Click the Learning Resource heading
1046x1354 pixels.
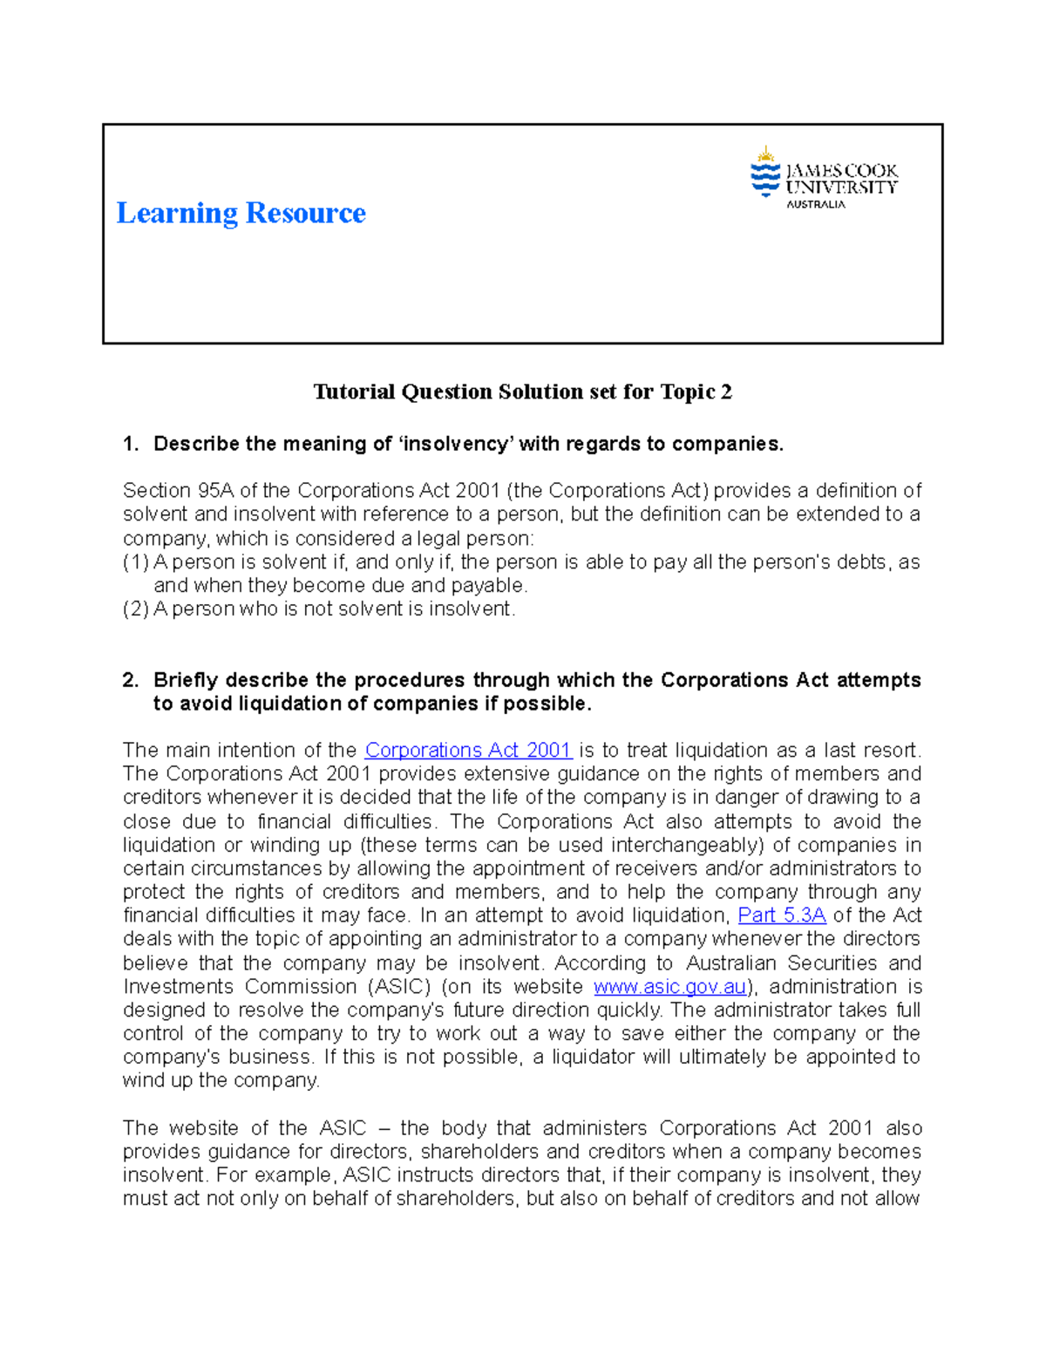pos(241,213)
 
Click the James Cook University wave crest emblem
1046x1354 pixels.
pos(765,172)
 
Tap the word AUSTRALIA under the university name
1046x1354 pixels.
pos(816,204)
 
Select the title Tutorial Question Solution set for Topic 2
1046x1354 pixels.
pos(522,392)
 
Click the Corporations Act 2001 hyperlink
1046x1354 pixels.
pos(468,751)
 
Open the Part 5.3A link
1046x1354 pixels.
pos(782,915)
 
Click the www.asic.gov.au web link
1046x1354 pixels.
pos(669,987)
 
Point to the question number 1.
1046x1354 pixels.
pos(131,445)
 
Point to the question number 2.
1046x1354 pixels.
pos(131,681)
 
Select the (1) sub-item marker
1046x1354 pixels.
pos(136,562)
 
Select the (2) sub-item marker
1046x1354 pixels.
pos(136,609)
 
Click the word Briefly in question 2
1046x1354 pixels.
pos(186,681)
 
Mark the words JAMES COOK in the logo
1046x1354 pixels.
pos(841,171)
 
